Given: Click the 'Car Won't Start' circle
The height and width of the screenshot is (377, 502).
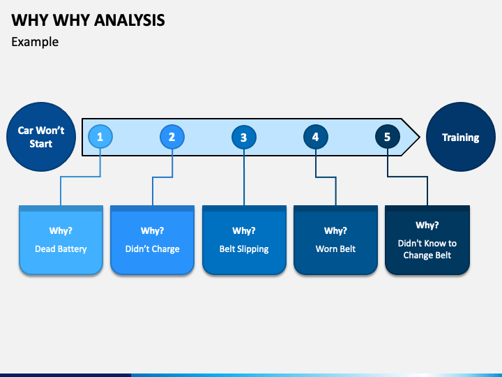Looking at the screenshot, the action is [41, 137].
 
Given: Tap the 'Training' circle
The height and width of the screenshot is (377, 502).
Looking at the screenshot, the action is [461, 137].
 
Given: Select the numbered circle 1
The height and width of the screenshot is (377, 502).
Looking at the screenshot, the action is [100, 137].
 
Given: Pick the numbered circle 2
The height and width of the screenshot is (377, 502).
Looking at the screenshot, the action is [172, 137].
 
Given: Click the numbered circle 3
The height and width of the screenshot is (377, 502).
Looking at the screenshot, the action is [244, 137].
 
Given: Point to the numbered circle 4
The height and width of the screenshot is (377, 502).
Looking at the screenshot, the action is [316, 137].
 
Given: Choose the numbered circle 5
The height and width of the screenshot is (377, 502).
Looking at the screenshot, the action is [388, 137].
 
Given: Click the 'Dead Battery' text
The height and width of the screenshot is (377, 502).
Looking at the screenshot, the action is [61, 249].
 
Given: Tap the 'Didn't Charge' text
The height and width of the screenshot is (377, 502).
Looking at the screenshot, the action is [153, 249].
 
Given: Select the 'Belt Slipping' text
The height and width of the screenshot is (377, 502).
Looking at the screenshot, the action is [244, 249].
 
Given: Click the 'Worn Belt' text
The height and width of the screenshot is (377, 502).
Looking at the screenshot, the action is [335, 249].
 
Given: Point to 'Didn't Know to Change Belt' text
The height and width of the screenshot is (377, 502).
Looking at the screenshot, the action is [427, 249].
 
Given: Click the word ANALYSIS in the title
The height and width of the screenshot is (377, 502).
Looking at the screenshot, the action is [130, 20].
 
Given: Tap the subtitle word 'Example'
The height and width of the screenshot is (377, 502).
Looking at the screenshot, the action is [35, 42].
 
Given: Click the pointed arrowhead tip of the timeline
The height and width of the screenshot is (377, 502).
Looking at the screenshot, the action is [420, 137].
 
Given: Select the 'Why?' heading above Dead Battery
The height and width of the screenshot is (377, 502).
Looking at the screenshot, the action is [61, 231].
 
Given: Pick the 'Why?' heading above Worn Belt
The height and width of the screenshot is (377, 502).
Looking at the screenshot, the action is [335, 231].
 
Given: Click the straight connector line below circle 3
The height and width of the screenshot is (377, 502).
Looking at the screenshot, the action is [244, 177].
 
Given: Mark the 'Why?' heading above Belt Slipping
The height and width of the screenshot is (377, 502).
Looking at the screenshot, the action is [244, 231].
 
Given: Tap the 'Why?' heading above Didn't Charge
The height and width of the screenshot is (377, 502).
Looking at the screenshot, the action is [153, 231].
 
